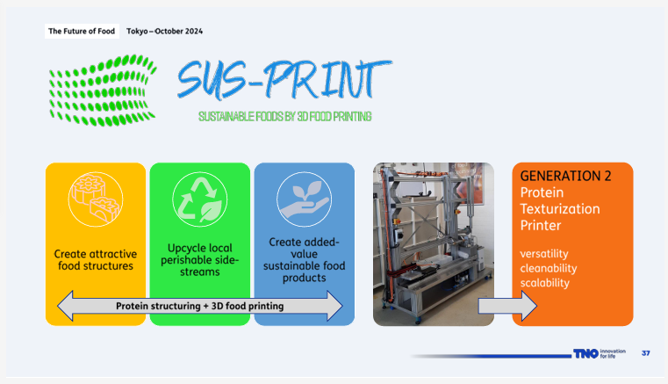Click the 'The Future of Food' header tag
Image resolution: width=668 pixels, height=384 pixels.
pyautogui.click(x=81, y=33)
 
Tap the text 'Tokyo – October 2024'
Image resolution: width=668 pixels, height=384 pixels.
pyautogui.click(x=165, y=33)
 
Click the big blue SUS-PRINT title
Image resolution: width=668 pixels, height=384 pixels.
pyautogui.click(x=284, y=80)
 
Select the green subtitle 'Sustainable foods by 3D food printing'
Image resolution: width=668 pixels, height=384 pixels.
pyautogui.click(x=284, y=116)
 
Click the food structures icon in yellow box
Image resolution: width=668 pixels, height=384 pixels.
pyautogui.click(x=95, y=199)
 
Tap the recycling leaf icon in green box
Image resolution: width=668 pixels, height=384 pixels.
pyautogui.click(x=199, y=197)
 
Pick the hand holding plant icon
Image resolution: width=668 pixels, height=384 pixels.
pyautogui.click(x=304, y=197)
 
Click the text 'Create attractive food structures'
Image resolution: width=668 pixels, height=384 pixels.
pyautogui.click(x=95, y=259)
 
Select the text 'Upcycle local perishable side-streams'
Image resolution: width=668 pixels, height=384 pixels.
pyautogui.click(x=199, y=259)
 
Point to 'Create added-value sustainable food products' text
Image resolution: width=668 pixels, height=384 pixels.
pyautogui.click(x=304, y=259)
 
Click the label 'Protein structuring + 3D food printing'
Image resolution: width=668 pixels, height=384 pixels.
pyautogui.click(x=199, y=306)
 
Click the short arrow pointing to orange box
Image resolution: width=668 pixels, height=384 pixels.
pyautogui.click(x=506, y=306)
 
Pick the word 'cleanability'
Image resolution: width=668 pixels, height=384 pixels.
pyautogui.click(x=549, y=268)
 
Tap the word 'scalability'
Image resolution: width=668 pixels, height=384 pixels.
pyautogui.click(x=544, y=283)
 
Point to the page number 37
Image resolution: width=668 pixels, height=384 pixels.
pyautogui.click(x=646, y=353)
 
